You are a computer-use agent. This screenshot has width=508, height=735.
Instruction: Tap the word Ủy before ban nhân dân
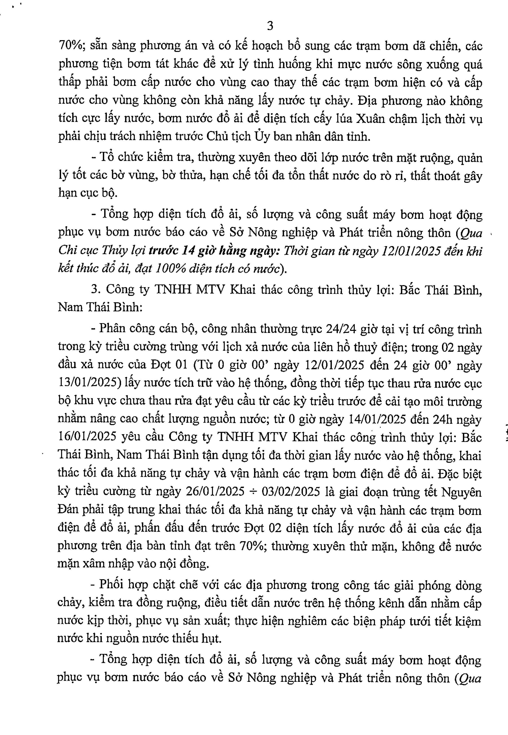click(262, 136)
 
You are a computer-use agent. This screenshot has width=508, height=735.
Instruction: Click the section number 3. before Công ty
click(96, 289)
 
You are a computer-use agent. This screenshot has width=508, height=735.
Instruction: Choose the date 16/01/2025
click(87, 437)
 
